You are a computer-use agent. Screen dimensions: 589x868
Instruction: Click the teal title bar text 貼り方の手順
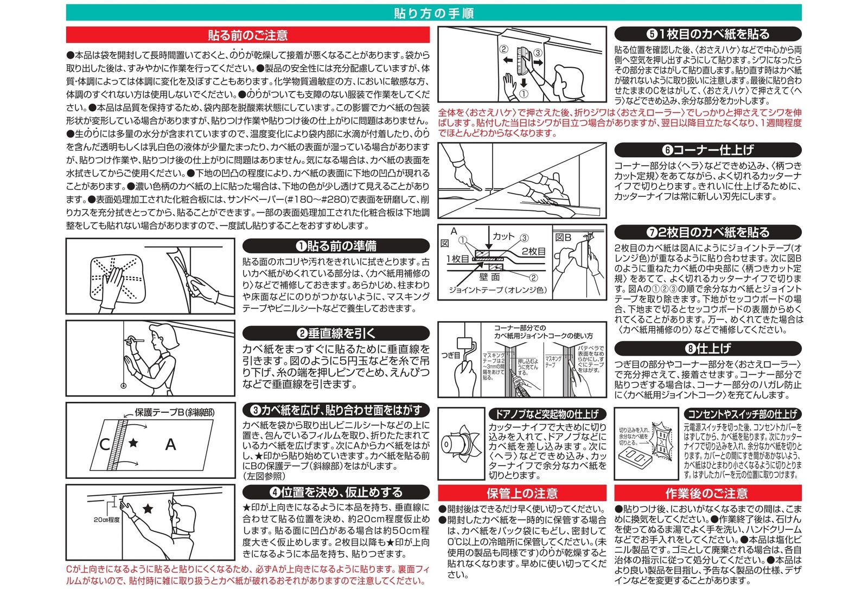(x=434, y=13)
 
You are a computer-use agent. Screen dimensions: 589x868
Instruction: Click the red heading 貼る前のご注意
(x=247, y=35)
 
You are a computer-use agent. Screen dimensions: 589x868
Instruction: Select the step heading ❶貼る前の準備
(x=336, y=246)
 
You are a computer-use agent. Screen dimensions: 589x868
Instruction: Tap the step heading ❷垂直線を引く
(x=336, y=333)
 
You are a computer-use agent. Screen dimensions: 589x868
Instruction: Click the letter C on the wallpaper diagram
(x=105, y=445)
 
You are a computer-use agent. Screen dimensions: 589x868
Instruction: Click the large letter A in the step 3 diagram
(x=170, y=445)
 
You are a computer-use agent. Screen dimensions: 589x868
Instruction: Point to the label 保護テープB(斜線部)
(x=174, y=412)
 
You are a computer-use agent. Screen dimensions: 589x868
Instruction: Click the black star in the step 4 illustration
(x=148, y=508)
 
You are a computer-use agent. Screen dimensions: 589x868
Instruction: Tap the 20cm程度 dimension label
(x=106, y=520)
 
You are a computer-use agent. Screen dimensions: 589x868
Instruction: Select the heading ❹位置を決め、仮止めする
(x=336, y=492)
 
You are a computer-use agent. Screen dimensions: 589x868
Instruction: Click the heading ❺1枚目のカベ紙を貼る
(x=708, y=34)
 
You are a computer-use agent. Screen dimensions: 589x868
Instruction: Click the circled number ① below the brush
(x=524, y=93)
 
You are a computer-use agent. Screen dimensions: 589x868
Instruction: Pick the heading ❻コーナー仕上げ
(x=708, y=150)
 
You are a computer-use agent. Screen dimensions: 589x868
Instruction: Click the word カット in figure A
(x=503, y=236)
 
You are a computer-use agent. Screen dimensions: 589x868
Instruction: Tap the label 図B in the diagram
(x=563, y=237)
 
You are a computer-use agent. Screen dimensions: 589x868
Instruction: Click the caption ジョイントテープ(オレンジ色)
(x=497, y=290)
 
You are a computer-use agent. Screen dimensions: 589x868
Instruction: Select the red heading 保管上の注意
(x=522, y=493)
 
